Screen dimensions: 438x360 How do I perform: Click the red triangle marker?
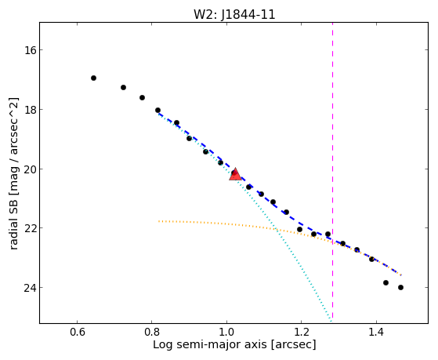(x=235, y=175)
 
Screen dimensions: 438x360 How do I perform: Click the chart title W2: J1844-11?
(x=234, y=14)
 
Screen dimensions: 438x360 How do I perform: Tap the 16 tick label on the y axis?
(x=29, y=50)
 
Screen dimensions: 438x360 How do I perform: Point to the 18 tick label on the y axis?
(x=29, y=110)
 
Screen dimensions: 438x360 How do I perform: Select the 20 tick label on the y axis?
(x=29, y=169)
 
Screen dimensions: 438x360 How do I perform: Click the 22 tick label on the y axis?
(x=29, y=228)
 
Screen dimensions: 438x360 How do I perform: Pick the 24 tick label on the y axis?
(x=29, y=288)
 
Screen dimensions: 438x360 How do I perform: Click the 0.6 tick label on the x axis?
(x=77, y=333)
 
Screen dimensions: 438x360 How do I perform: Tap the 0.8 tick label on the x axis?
(x=152, y=333)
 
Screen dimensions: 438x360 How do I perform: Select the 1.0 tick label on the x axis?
(x=226, y=333)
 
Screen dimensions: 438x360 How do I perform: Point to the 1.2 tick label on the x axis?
(x=302, y=333)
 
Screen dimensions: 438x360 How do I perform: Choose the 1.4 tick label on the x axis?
(x=377, y=333)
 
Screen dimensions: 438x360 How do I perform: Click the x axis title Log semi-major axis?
(x=211, y=344)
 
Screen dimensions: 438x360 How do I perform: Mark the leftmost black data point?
(x=93, y=78)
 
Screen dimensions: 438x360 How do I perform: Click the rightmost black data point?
(x=400, y=288)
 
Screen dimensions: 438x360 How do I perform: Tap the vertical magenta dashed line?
(x=332, y=170)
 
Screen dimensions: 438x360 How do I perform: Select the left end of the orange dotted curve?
(x=158, y=221)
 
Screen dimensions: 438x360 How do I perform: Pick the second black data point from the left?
(x=123, y=88)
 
